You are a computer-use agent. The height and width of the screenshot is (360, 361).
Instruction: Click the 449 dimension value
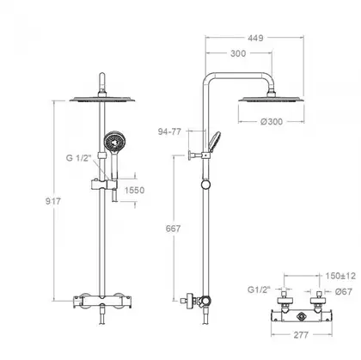coord(255,38)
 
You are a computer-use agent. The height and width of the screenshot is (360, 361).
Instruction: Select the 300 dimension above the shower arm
coord(238,53)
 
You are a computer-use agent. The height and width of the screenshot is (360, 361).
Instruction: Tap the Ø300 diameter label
coord(272,121)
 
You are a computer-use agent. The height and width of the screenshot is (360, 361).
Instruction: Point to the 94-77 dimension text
coord(169,131)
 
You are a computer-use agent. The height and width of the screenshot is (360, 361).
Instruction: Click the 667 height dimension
coord(173,229)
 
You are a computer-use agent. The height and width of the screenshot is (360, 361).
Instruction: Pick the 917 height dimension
coord(53,201)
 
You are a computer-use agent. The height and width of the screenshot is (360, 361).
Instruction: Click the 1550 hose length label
coord(134,190)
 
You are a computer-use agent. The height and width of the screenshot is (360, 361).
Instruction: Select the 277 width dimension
coord(301,335)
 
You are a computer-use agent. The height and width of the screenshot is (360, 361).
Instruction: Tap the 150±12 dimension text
coord(340,276)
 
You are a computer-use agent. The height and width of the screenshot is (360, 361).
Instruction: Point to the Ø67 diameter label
coord(344,291)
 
